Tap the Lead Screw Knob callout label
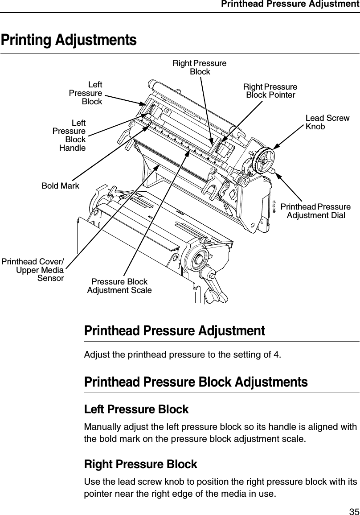327,122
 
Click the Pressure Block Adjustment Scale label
119,286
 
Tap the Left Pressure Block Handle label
70,135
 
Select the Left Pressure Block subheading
136,409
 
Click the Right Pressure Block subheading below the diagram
140,464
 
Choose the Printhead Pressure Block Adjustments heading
196,382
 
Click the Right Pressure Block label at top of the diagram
200,67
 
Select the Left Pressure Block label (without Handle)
86,93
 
